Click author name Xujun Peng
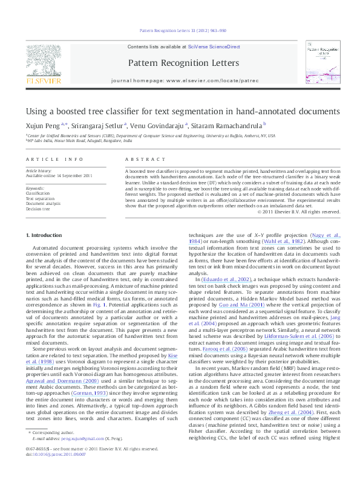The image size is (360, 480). click(41, 125)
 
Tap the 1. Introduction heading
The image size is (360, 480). click(45, 234)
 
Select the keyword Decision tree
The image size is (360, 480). click(38, 209)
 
